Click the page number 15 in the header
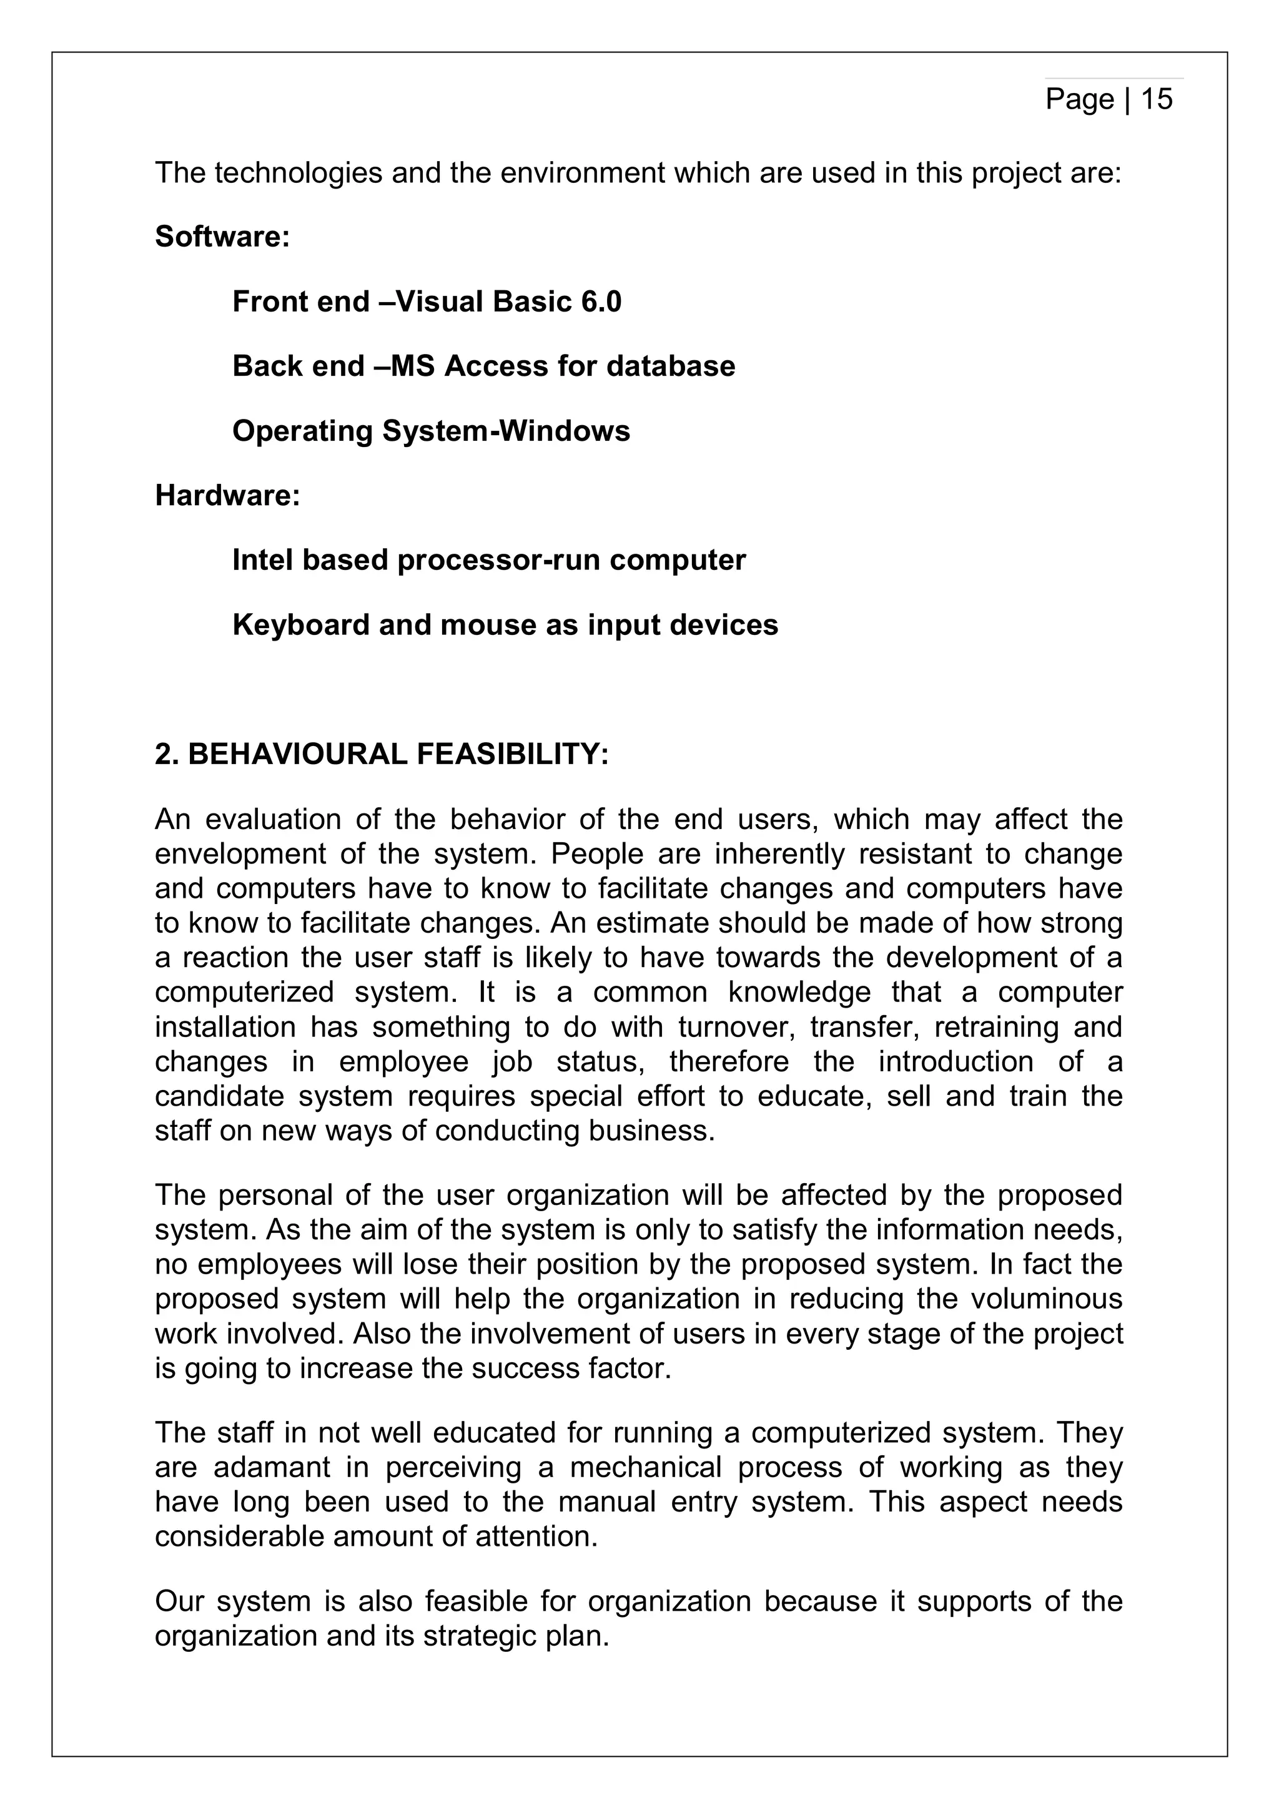(1156, 99)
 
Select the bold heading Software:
(223, 236)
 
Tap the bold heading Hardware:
(227, 495)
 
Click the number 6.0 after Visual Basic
(601, 302)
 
